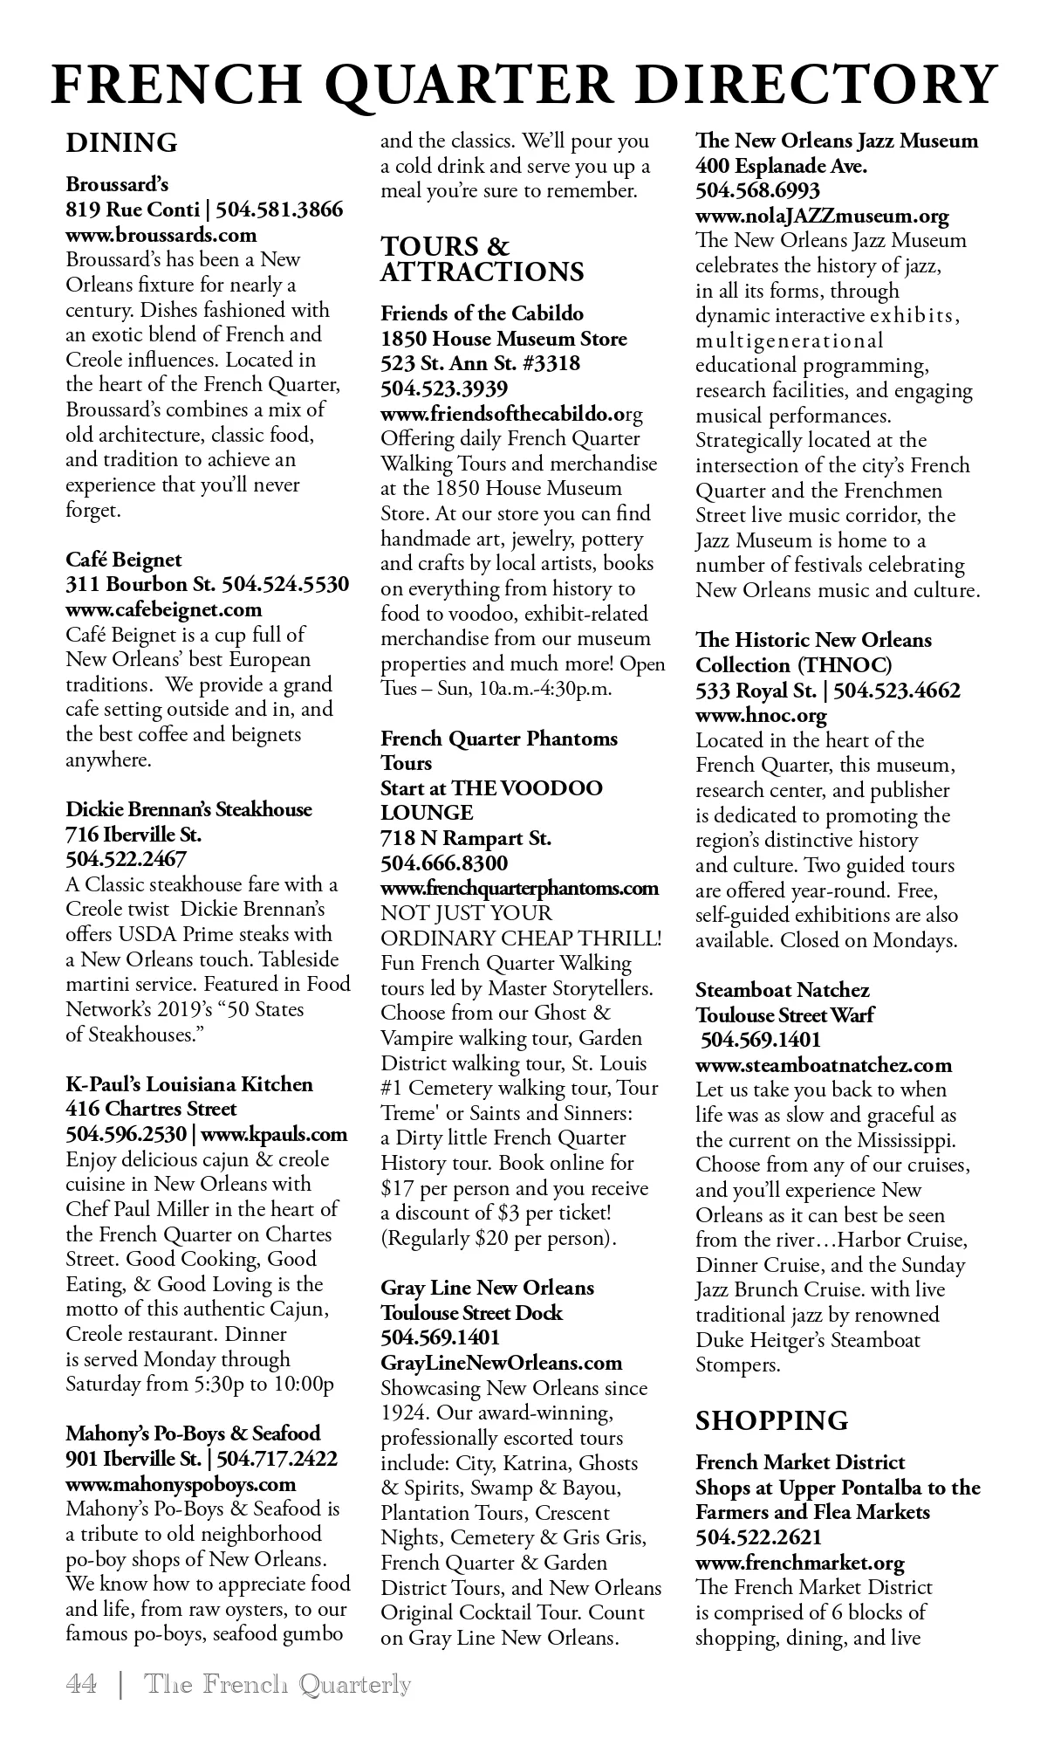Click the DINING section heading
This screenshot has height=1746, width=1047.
click(x=121, y=142)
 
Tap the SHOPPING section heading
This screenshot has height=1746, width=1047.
click(x=771, y=1420)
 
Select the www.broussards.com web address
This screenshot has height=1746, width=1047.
click(x=161, y=235)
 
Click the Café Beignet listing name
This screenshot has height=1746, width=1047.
click(x=124, y=560)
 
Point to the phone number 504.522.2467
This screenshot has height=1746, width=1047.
click(x=126, y=859)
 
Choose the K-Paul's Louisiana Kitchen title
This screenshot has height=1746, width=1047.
click(x=189, y=1084)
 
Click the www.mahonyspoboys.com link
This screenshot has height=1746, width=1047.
click(x=181, y=1484)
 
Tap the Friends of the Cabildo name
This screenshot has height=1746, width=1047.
click(x=482, y=313)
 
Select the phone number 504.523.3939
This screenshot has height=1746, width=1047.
click(x=444, y=388)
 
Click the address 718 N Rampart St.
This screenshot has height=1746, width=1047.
click(x=465, y=839)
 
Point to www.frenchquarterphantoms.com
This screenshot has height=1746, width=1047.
click(x=519, y=889)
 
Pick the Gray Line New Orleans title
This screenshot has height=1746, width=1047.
click(x=487, y=1288)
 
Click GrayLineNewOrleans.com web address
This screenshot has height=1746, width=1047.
click(x=502, y=1363)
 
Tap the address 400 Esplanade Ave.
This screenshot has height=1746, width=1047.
click(x=781, y=166)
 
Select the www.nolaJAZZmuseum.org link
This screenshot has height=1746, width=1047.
click(x=822, y=216)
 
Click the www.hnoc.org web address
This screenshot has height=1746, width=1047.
click(x=761, y=716)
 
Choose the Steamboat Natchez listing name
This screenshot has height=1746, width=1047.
click(x=782, y=990)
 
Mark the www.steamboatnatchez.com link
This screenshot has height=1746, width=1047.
click(x=824, y=1065)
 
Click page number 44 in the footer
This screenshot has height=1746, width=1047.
click(x=81, y=1683)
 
